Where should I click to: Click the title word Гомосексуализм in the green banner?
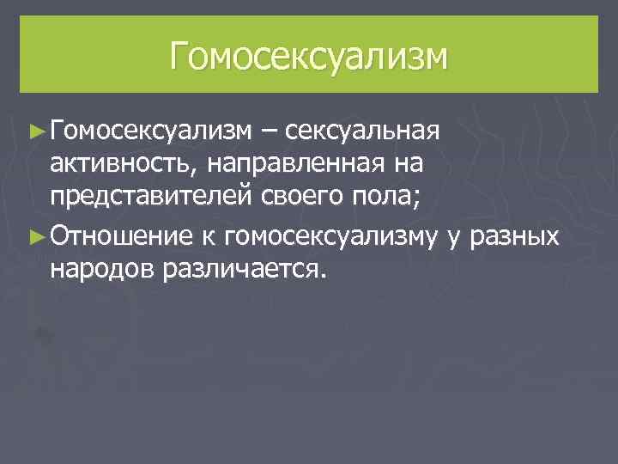308,56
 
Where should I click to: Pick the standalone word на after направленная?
401,165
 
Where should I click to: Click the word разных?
513,235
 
